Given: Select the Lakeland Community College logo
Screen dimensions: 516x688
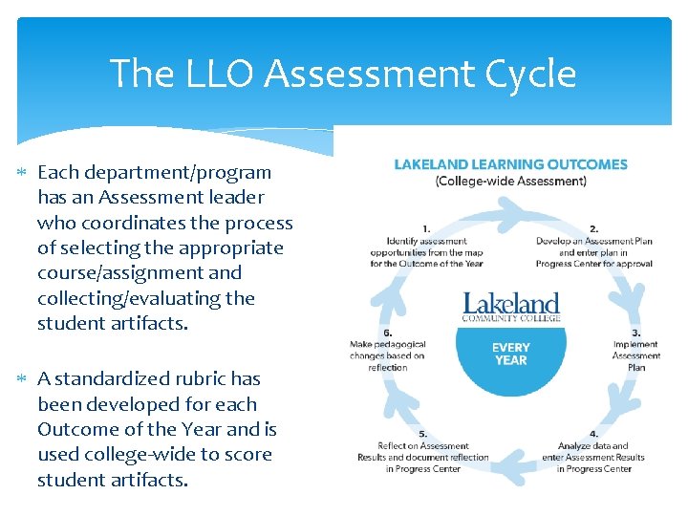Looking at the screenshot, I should (511, 306).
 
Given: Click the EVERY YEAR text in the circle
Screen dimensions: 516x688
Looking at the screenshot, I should (511, 354).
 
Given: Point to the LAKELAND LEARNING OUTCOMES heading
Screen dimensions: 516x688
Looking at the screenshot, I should (511, 164).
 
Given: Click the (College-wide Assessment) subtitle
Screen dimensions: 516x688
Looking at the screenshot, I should (511, 181).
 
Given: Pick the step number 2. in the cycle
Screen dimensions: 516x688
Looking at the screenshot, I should (593, 228).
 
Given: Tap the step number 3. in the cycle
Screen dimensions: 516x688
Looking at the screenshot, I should (636, 333).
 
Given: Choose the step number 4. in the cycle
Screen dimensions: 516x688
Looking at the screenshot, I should (593, 434).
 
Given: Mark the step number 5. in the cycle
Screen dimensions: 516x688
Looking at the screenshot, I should (423, 434).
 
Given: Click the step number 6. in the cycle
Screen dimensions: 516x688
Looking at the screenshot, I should (387, 333).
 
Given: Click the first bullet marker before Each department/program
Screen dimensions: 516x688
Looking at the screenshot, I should (24, 173).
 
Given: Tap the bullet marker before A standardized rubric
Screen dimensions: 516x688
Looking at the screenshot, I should (24, 379).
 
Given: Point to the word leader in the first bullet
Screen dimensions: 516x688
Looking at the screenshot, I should (231, 198).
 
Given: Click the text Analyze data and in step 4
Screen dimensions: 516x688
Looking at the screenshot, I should (593, 445).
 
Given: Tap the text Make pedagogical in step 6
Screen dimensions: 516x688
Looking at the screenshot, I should (387, 344).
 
